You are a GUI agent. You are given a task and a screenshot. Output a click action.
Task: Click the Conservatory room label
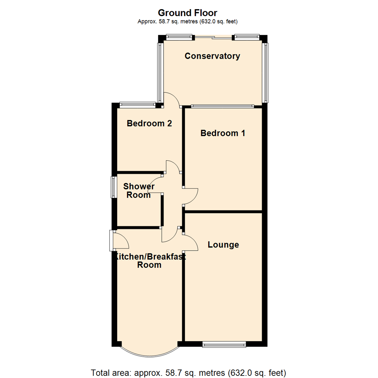[x=212, y=56]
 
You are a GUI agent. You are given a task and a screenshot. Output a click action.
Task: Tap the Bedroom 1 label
[x=223, y=133]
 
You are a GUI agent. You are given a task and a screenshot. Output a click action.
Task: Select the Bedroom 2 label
[x=149, y=124]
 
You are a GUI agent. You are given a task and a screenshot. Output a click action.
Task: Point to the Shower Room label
[x=139, y=191]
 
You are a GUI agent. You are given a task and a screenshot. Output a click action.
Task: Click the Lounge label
[x=223, y=245]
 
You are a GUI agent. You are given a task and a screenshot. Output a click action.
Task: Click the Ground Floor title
[x=188, y=13]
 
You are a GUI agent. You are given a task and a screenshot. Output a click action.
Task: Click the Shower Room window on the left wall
[x=113, y=187]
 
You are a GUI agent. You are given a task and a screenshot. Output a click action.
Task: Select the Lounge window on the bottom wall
[x=224, y=345]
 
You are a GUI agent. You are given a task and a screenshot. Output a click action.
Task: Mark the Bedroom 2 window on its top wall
[x=137, y=104]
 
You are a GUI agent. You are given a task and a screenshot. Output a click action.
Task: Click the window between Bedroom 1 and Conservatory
[x=223, y=106]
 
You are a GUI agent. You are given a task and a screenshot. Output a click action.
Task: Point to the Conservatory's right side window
[x=266, y=73]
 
